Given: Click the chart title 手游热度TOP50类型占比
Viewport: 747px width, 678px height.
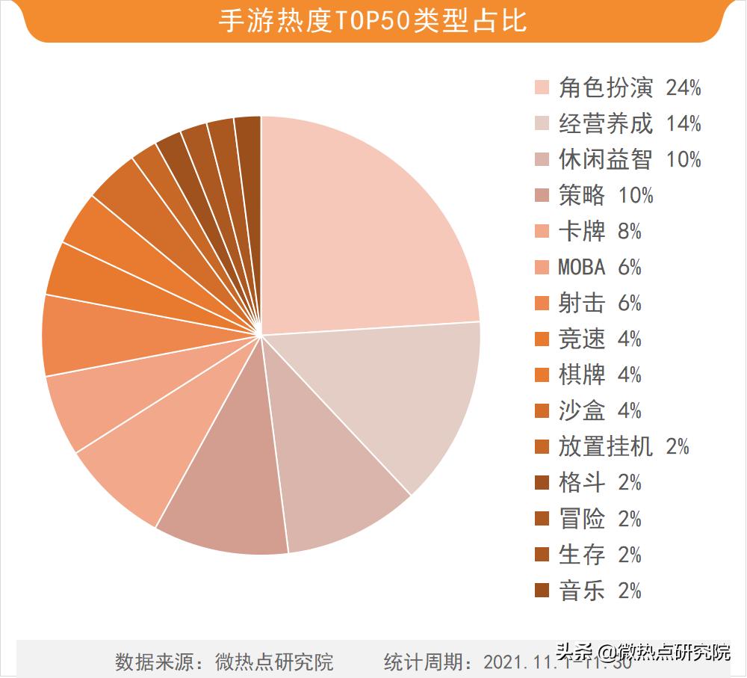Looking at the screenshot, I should [x=373, y=21].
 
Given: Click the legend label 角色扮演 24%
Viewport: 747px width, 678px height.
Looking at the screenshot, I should [x=630, y=87].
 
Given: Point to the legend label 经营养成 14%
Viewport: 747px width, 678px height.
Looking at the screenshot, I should [x=630, y=123].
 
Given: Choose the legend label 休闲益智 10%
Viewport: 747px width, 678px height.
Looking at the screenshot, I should [x=630, y=159].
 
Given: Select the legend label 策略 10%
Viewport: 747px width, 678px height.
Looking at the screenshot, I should [x=606, y=195].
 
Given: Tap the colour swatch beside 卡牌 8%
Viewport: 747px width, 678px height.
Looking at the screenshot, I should [x=542, y=231].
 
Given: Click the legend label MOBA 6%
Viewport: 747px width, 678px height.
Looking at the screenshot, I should [x=600, y=267].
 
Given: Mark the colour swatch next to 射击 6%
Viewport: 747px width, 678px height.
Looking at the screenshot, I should [x=542, y=303].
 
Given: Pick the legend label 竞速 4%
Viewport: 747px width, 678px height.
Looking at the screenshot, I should [x=600, y=339].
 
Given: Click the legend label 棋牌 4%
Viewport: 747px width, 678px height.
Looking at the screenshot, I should [x=600, y=375].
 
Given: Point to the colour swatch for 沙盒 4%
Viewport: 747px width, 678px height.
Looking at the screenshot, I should [x=542, y=410].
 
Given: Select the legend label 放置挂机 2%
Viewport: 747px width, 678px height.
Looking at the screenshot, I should [x=624, y=446].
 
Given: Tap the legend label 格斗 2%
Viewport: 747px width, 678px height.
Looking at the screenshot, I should [x=600, y=482].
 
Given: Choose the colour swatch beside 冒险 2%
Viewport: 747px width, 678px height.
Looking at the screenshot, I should [x=542, y=518].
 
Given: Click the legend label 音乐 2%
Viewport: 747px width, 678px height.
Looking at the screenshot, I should [x=600, y=591].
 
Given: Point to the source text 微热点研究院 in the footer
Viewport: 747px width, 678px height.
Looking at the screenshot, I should [x=274, y=662].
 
